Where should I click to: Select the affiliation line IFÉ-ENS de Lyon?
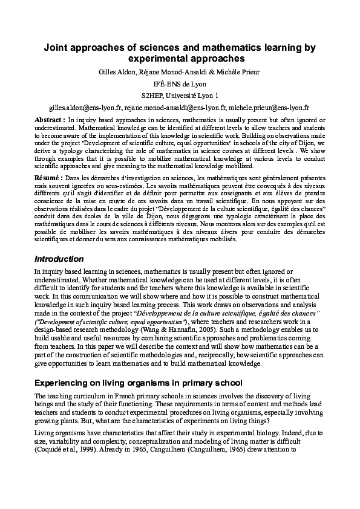tap(179, 84)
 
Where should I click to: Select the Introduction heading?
tap(59, 259)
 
